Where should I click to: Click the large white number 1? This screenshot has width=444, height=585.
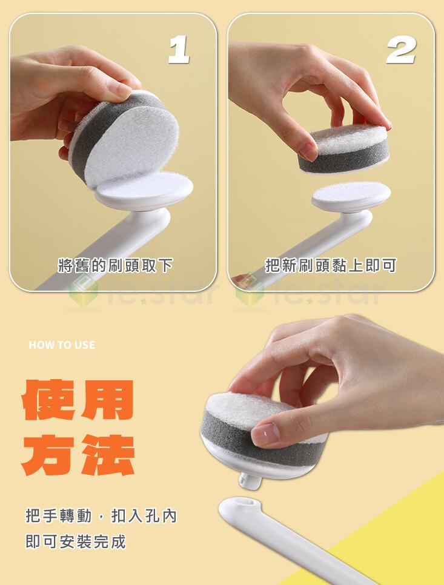point(179,50)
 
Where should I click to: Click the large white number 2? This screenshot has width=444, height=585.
point(401,50)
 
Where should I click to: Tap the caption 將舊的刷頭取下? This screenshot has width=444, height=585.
point(115,265)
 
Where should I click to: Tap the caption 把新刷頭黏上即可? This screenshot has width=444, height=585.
point(330,265)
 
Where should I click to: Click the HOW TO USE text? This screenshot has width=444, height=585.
point(62,345)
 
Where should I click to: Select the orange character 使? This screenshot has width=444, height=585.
point(48,400)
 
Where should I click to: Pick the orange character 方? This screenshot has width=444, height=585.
point(48,455)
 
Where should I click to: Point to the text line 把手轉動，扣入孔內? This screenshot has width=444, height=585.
point(101,516)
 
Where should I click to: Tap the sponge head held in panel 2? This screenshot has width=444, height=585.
point(343,148)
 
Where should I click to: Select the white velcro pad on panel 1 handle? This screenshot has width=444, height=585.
point(144,189)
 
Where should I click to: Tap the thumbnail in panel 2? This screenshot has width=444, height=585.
point(308,150)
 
